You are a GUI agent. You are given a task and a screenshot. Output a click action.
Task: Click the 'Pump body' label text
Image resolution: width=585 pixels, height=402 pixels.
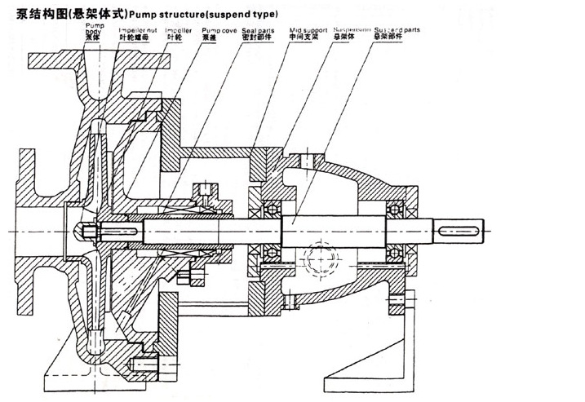[95, 29]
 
